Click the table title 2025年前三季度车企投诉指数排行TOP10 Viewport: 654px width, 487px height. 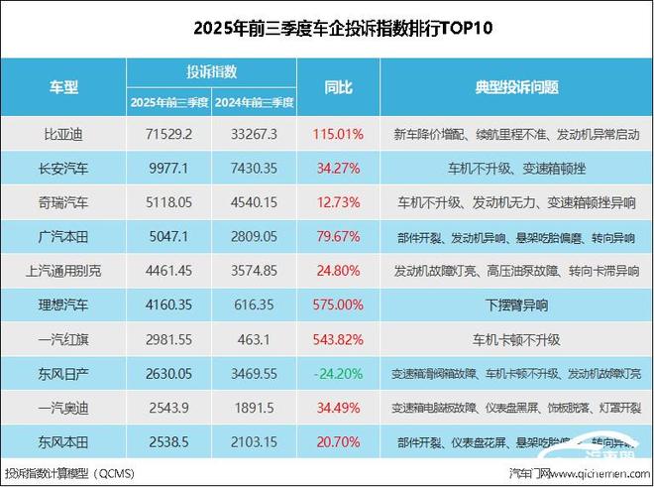point(326,29)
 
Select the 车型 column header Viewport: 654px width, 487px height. point(63,87)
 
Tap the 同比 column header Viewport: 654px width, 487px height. point(338,87)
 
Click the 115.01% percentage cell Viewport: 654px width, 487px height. point(338,132)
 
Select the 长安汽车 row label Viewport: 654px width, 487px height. point(63,167)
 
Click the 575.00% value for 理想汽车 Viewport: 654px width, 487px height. point(338,305)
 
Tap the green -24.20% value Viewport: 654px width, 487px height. point(338,375)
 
